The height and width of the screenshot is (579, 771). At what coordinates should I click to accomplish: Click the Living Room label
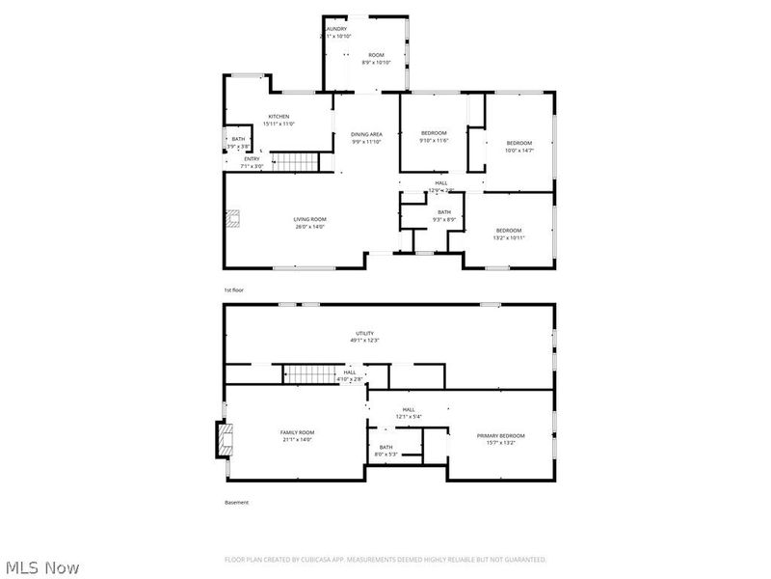[x=309, y=220]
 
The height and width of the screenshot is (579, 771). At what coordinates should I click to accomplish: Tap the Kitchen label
[x=279, y=117]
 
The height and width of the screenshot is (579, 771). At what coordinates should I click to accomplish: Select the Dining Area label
[x=366, y=134]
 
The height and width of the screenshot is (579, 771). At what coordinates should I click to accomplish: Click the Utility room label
[x=363, y=334]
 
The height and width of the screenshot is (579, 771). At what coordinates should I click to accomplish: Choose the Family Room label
[x=297, y=432]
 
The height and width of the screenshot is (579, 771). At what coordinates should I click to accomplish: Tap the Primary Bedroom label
[x=501, y=435]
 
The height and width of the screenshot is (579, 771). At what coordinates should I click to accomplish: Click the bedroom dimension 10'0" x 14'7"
[x=519, y=150]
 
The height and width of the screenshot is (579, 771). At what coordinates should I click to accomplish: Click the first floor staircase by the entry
[x=293, y=161]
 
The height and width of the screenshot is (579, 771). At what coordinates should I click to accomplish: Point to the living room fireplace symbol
[x=231, y=221]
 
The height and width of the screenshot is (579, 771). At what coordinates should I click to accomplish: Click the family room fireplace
[x=223, y=441]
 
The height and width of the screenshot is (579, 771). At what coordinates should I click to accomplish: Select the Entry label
[x=252, y=159]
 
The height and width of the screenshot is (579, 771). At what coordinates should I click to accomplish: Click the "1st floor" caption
[x=234, y=289]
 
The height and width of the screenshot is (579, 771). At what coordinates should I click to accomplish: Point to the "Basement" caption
[x=237, y=502]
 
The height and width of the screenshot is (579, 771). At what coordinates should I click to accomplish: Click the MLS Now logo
[x=42, y=567]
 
